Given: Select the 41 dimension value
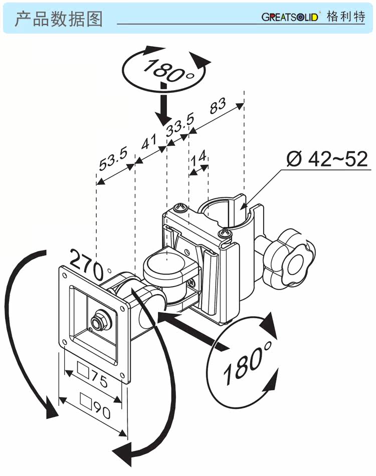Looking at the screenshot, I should point(150,142).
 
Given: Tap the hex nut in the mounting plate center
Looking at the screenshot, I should point(100,320).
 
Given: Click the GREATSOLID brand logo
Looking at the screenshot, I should point(290,17).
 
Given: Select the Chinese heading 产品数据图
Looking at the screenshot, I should point(58,19).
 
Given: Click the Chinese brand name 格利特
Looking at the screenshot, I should point(346,17).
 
